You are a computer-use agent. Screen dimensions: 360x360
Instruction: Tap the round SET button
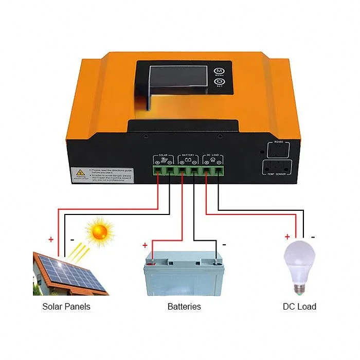click(219, 82)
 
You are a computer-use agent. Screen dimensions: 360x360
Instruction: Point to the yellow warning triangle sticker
click(80, 173)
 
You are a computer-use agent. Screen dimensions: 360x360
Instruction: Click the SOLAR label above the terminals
click(164, 155)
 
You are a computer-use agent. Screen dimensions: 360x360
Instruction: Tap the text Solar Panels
click(66, 307)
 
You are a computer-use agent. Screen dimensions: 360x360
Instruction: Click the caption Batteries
click(184, 307)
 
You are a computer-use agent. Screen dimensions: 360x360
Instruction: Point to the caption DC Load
click(299, 307)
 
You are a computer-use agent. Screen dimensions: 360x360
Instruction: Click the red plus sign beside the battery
click(145, 245)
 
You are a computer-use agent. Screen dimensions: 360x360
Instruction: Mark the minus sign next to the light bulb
click(313, 237)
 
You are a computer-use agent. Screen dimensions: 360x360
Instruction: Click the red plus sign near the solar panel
click(51, 239)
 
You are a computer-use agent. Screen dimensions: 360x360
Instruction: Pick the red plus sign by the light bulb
click(287, 237)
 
